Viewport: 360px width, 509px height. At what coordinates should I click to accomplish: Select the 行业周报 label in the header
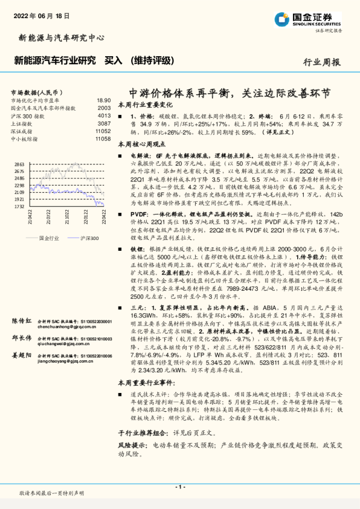tap(321, 62)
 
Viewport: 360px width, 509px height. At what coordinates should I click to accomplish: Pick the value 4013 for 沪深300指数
tap(104, 115)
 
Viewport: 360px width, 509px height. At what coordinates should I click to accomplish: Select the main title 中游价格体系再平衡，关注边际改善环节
tap(230, 93)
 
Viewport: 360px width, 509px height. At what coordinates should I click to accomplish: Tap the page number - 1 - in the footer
tap(179, 487)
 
